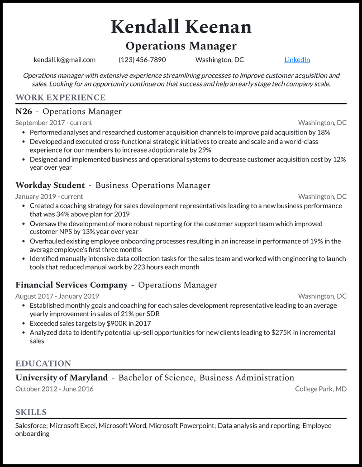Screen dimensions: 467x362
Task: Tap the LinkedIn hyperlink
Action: click(297, 60)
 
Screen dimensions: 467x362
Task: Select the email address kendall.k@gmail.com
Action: click(64, 60)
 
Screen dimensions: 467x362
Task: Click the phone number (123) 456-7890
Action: click(142, 60)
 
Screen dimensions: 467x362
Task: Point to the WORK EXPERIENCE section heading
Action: click(61, 97)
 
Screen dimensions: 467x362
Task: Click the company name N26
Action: click(24, 111)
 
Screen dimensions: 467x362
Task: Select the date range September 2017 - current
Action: click(53, 123)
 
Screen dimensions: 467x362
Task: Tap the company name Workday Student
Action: click(50, 185)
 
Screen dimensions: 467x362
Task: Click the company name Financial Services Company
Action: click(71, 285)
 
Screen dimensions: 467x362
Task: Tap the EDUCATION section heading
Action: click(43, 363)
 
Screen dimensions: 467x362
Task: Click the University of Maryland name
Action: click(62, 377)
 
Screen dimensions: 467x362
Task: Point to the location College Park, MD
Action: click(321, 389)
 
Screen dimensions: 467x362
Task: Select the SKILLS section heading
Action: click(31, 412)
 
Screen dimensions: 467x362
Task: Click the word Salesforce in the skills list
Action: click(31, 426)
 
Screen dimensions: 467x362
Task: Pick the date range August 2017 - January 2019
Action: click(57, 296)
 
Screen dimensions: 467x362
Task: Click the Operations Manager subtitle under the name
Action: click(181, 46)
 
